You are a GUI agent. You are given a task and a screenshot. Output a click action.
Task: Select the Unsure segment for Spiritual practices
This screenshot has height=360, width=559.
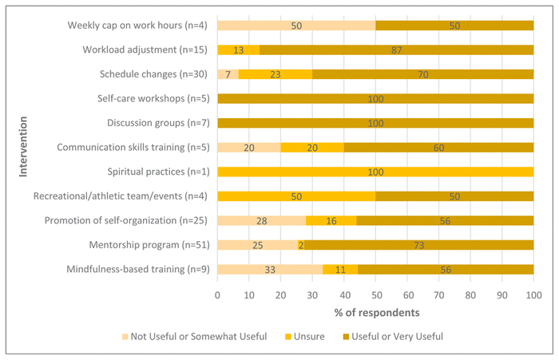pos(375,172)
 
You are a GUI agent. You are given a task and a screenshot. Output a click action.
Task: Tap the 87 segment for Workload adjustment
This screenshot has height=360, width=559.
pos(396,50)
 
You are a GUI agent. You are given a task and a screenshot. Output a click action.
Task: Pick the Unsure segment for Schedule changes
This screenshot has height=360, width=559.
pos(276,74)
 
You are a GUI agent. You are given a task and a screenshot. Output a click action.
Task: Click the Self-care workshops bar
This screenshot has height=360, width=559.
pos(375,99)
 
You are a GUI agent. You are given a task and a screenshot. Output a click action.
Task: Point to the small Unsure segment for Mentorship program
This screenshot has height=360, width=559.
pos(300,245)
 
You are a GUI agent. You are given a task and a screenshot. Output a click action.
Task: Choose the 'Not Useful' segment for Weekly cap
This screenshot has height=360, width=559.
pos(296,26)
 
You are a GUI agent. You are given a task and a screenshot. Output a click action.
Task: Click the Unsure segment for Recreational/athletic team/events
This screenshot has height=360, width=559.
pos(296,196)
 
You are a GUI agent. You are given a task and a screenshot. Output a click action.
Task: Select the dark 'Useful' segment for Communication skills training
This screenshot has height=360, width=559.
pos(438,148)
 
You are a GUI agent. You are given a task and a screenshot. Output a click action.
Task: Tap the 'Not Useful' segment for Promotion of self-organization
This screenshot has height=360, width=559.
pos(261,220)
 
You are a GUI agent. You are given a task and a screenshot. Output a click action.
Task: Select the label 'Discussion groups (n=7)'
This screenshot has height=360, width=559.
pos(157,123)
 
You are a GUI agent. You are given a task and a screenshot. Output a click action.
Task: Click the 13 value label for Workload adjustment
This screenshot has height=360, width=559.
pos(238,50)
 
